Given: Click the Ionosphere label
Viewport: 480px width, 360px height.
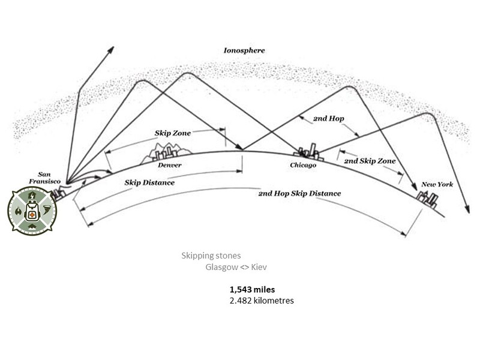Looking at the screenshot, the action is [x=244, y=50].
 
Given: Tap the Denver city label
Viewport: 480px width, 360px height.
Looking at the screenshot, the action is [x=170, y=165].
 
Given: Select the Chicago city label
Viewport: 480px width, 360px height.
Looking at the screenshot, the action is [x=303, y=166].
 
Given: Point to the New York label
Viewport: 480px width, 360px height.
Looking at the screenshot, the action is [x=437, y=184].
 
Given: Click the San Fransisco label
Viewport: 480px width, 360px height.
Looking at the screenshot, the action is [x=44, y=178].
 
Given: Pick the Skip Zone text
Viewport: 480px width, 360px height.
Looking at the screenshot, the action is [x=173, y=133].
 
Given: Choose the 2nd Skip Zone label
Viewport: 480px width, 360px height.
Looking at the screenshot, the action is [x=370, y=161].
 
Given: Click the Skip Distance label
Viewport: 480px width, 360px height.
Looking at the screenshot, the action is [x=149, y=183].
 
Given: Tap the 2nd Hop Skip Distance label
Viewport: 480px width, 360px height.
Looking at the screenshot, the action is [x=299, y=193].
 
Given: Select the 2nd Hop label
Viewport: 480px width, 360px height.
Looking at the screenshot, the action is [x=328, y=118].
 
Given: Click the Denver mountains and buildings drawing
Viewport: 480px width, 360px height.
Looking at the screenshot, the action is [x=167, y=152].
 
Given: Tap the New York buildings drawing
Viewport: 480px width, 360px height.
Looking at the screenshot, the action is [x=427, y=200].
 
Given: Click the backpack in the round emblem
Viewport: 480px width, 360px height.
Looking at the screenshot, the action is [x=32, y=212].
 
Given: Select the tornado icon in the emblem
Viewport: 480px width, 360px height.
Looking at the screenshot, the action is [x=47, y=211].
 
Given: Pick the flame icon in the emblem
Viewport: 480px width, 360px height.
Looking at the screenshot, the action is [x=18, y=211].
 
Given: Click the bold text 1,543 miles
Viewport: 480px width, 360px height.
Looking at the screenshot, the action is [x=252, y=290].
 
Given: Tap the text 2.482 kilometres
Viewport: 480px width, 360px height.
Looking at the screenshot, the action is [x=262, y=301].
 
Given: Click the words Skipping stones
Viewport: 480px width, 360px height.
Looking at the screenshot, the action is [x=211, y=256].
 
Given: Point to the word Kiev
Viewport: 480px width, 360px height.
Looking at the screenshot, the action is [x=259, y=267].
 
